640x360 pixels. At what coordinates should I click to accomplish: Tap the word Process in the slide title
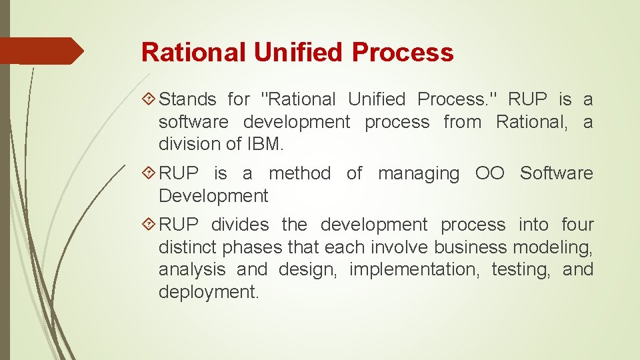(x=403, y=52)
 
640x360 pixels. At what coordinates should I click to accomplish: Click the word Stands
(x=188, y=100)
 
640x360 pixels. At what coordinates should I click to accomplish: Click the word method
(x=299, y=174)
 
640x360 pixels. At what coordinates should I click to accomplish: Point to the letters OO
(x=489, y=174)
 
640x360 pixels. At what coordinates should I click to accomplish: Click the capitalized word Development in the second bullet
(x=213, y=197)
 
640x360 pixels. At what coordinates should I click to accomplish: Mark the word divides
(x=240, y=225)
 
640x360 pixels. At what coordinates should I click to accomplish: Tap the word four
(x=577, y=225)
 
